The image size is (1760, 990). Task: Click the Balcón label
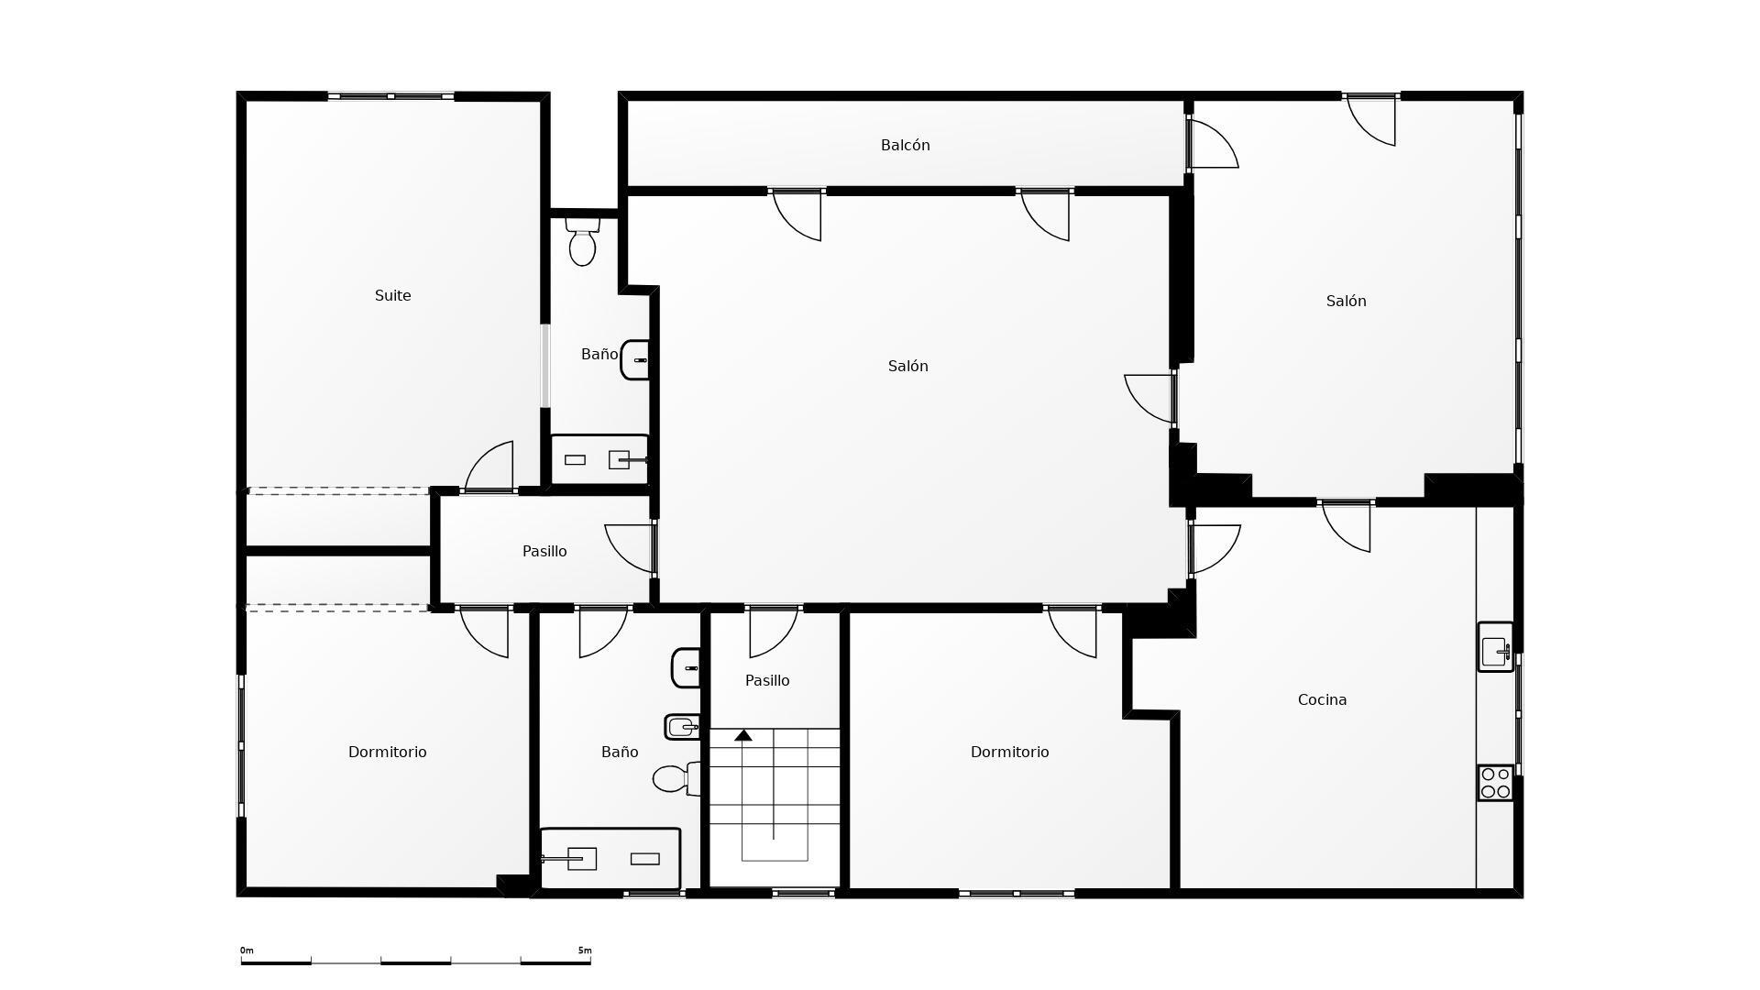click(905, 146)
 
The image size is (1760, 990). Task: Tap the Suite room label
click(392, 295)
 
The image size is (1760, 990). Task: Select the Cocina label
click(1322, 699)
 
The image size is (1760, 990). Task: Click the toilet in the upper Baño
click(582, 241)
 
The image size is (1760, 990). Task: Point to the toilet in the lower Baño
click(677, 779)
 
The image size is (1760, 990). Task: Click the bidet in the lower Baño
click(683, 727)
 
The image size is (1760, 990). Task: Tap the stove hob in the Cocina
click(1495, 783)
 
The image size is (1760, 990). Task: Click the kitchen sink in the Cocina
click(1495, 647)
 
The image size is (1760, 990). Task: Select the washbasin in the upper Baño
click(635, 359)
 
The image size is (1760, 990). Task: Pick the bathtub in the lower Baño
click(610, 859)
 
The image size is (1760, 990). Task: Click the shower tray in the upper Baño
click(599, 459)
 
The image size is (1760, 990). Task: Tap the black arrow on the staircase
click(743, 735)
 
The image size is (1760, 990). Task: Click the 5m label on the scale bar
click(585, 951)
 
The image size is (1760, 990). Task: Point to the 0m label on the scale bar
click(247, 951)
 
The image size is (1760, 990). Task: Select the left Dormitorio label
click(387, 752)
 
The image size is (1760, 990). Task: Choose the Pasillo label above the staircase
click(767, 680)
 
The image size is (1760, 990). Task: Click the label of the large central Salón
click(907, 366)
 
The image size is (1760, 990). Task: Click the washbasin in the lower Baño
click(686, 668)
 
